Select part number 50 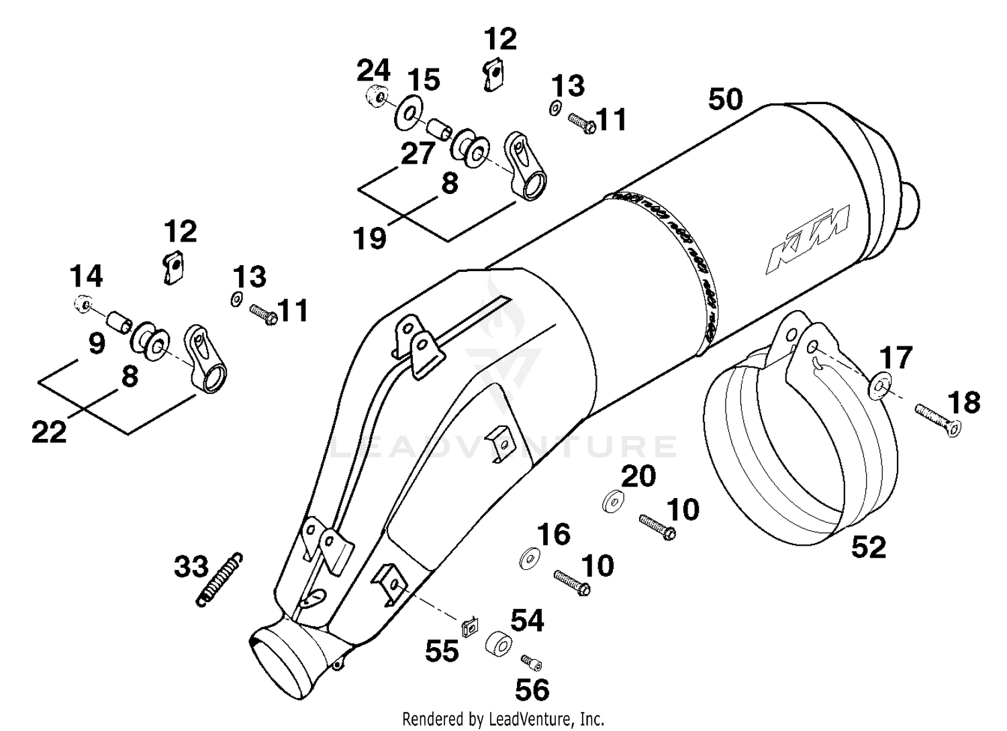[x=726, y=99]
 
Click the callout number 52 [x=869, y=547]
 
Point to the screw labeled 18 [x=938, y=418]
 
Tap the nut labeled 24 [x=377, y=96]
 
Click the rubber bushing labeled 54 [x=498, y=642]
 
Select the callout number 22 [x=49, y=432]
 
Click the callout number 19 [x=371, y=237]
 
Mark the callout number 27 [x=418, y=154]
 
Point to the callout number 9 [x=97, y=344]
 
